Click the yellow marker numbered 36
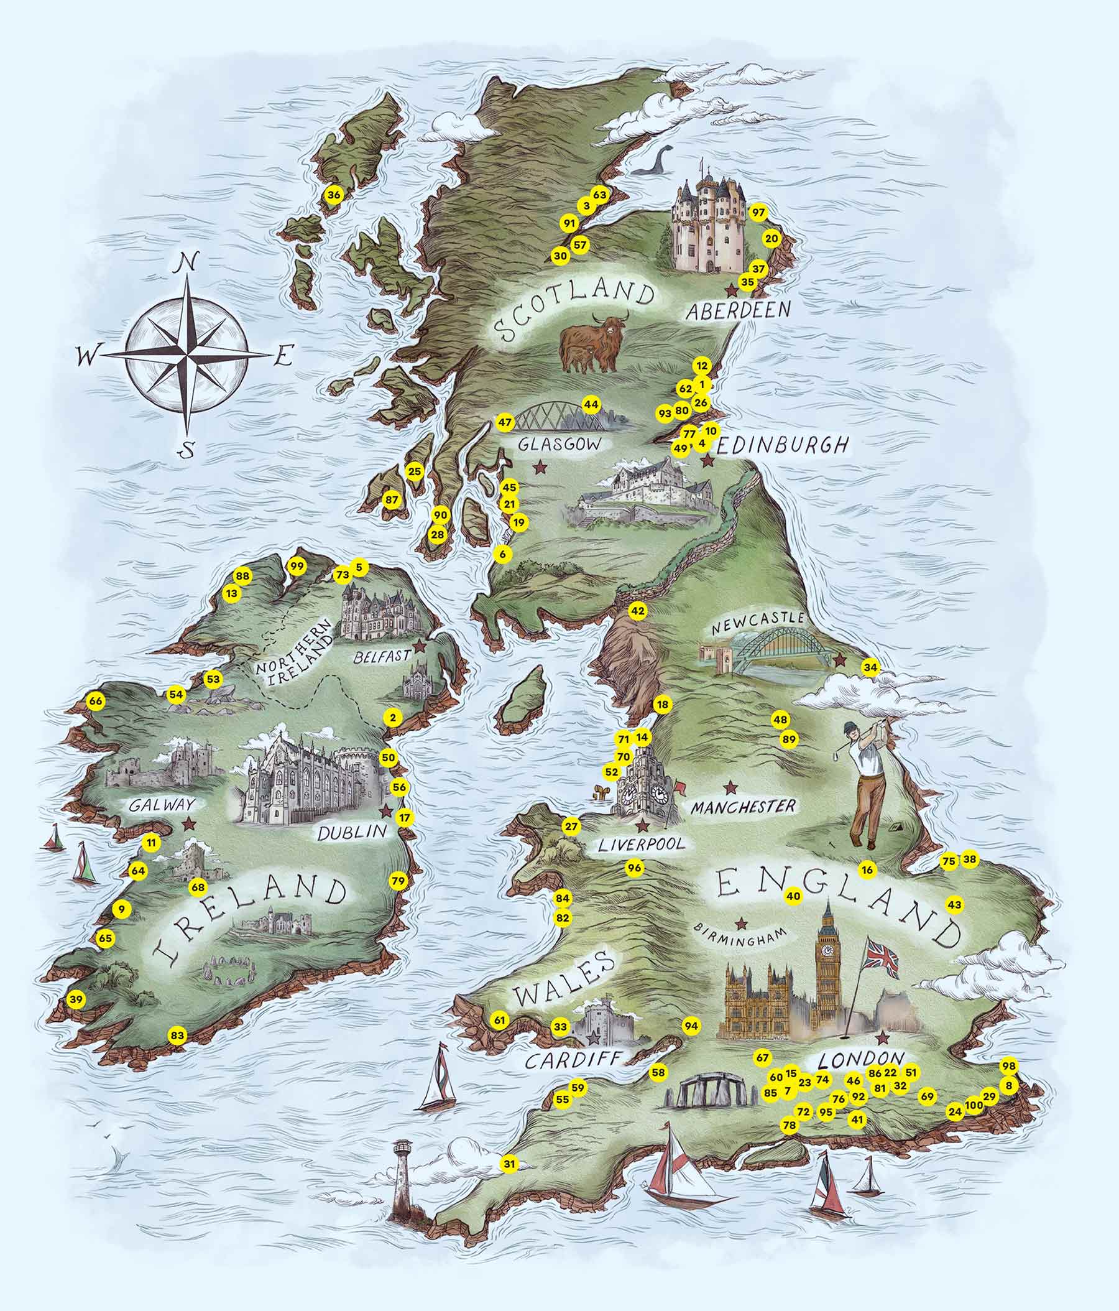333,195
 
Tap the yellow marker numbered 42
638,611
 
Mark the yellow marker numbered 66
96,702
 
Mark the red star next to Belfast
420,647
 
